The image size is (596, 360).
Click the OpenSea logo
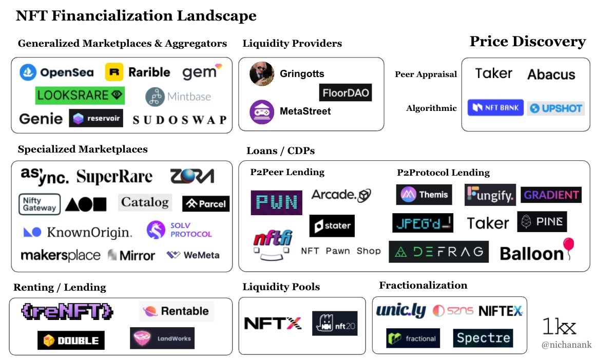coord(56,72)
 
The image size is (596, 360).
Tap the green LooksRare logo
coord(80,95)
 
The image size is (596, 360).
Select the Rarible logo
coord(138,72)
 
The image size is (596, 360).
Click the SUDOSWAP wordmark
coord(179,120)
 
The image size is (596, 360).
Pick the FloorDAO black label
coord(345,92)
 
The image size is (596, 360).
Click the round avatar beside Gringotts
coord(262,74)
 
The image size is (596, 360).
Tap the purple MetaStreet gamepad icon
coord(262,111)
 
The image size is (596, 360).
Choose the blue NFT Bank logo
coord(495,108)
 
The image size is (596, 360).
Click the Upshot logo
coord(555,108)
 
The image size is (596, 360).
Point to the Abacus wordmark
coord(551,75)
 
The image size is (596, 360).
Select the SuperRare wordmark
coord(114,177)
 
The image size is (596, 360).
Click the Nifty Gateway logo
coord(39,204)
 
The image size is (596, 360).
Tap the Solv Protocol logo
coord(179,230)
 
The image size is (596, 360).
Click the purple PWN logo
coord(276,202)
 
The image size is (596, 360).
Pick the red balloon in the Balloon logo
coord(568,244)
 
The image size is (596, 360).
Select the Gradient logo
coord(551,195)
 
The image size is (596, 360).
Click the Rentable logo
coord(176,311)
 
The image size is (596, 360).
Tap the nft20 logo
coord(335,324)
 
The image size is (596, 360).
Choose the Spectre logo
coord(483,338)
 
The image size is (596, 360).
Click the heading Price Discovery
coord(527,42)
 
